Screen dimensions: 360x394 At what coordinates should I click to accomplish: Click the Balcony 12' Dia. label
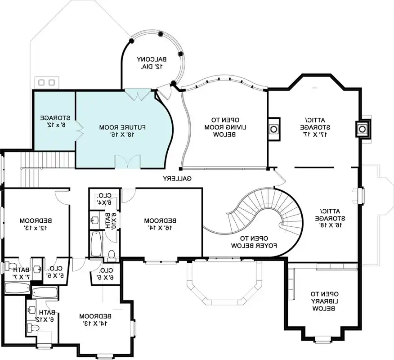[152, 63]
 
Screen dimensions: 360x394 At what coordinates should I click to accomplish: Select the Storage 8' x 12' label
[54, 120]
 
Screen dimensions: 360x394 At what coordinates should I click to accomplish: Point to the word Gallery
[177, 179]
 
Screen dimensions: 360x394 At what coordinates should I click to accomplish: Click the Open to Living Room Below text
[224, 127]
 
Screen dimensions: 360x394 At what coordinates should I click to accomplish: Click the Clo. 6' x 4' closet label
[104, 199]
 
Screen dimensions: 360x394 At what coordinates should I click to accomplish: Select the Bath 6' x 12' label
[46, 316]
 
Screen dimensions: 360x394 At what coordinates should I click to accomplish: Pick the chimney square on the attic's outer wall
[362, 129]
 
